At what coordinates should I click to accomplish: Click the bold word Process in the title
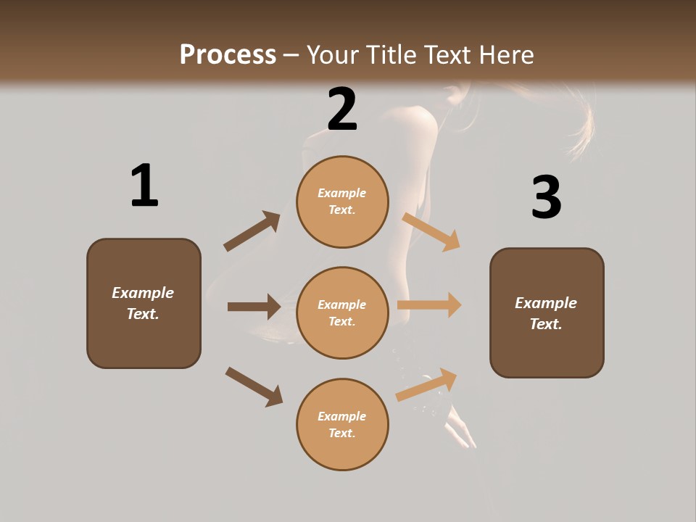[228, 55]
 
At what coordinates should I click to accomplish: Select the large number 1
[144, 186]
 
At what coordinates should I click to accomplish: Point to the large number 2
[342, 109]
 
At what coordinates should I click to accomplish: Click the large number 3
[546, 198]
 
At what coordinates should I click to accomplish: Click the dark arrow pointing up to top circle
[252, 231]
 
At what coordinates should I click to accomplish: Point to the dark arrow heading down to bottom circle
[254, 386]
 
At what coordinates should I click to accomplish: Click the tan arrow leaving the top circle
[431, 231]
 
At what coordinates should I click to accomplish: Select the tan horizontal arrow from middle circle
[429, 304]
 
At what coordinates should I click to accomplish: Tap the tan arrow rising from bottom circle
[426, 384]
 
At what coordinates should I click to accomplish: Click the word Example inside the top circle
[342, 194]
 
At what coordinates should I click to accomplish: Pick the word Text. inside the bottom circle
[342, 433]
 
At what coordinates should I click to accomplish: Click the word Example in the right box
[546, 303]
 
